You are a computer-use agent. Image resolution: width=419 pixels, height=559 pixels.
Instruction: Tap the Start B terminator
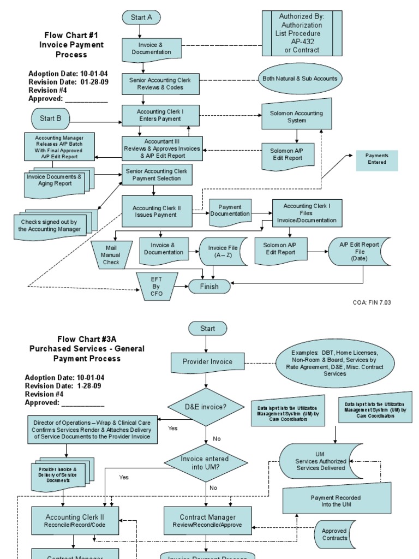coord(51,118)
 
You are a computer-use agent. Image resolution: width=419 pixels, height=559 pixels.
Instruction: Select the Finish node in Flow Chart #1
coord(209,287)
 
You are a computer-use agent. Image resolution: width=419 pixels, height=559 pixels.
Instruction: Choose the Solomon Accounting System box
coord(296,116)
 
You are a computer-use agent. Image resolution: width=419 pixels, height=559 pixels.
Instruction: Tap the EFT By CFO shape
coord(157,287)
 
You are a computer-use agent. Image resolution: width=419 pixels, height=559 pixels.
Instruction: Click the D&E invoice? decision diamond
coord(205,407)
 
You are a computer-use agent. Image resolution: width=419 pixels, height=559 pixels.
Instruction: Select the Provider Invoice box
coord(207,361)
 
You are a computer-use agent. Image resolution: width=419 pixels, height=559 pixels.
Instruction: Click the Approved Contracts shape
coord(334,534)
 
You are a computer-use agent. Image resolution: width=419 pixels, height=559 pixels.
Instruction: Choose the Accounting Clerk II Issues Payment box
coord(157,211)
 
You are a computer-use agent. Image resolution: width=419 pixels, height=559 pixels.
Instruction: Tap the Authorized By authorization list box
coord(302,33)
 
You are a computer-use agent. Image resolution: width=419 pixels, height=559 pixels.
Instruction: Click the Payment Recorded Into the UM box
coord(336,501)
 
